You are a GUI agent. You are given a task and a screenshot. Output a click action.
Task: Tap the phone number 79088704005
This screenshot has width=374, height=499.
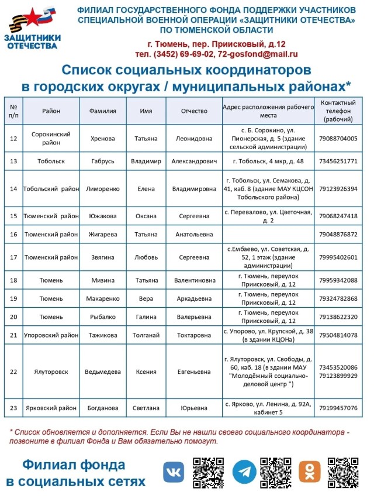[x=338, y=139]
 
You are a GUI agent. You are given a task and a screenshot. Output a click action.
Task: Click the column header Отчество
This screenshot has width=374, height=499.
[x=195, y=111]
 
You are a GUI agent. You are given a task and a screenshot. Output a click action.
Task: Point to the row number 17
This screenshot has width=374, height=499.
[x=13, y=257]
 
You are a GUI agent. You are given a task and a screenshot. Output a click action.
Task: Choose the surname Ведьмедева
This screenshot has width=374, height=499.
[x=103, y=371]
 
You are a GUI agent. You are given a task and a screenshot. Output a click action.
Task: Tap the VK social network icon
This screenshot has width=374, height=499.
[x=173, y=472]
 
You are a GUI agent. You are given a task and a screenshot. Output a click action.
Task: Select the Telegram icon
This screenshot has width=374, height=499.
[x=244, y=472]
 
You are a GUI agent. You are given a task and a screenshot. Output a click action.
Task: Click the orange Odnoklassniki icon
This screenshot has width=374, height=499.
[x=310, y=472]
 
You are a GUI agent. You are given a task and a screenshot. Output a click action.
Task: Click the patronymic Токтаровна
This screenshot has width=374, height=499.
[x=195, y=335]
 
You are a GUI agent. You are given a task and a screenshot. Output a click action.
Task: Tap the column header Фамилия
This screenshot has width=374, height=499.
[x=103, y=111]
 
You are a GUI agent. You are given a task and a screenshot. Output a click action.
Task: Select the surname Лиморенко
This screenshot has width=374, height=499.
[x=103, y=188]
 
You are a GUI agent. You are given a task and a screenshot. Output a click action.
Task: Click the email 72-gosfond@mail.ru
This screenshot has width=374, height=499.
[x=258, y=54]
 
